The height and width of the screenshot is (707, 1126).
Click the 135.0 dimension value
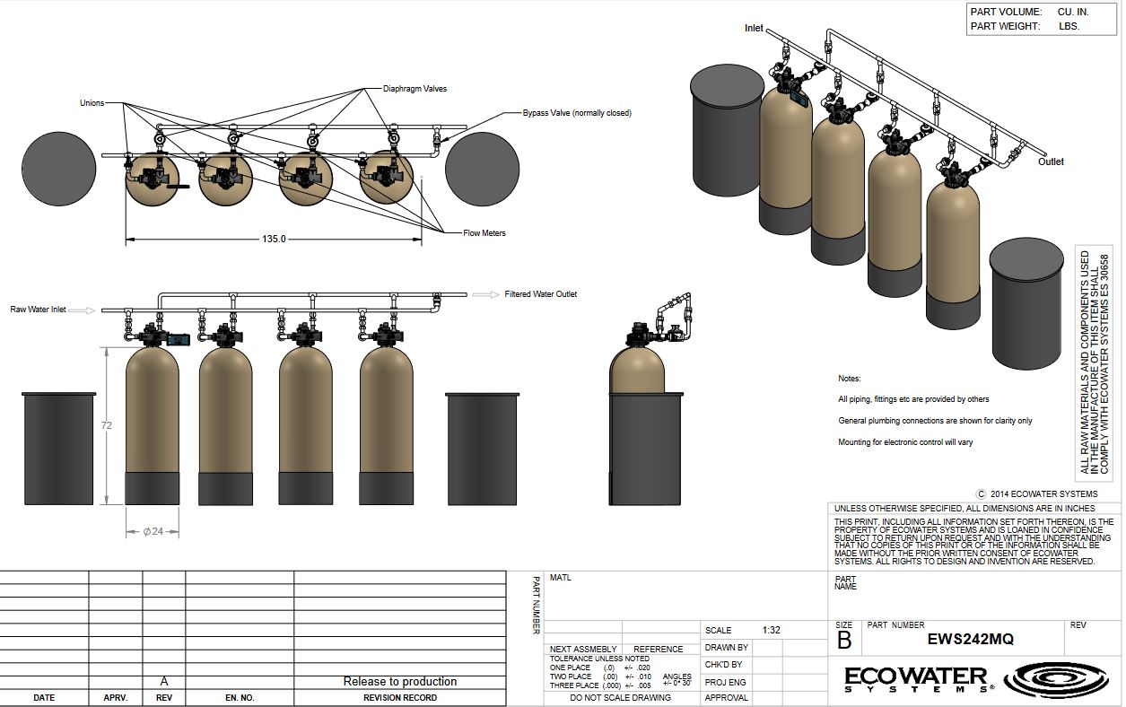274,239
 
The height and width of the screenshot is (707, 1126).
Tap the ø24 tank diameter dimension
153,531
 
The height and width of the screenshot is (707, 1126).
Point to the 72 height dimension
106,425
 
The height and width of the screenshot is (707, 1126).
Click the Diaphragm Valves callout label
415,89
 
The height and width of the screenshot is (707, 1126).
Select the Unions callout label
92,103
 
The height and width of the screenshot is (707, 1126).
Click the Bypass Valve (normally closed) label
577,113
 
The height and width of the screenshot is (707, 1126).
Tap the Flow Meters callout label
484,233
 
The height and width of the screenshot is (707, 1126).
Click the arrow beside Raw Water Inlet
82,310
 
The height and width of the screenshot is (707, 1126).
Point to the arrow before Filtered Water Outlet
485,294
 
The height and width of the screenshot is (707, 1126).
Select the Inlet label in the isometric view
754,28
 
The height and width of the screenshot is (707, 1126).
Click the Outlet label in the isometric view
1051,161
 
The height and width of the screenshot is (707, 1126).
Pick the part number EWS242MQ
970,639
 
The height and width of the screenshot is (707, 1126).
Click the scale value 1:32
771,630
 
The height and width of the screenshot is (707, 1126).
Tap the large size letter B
844,641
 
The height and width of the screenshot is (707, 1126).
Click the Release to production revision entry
400,681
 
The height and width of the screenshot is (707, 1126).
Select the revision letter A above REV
164,681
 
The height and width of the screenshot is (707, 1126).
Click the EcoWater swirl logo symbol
1056,680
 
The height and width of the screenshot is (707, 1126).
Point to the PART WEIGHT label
1005,26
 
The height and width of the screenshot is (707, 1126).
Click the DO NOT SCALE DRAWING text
620,698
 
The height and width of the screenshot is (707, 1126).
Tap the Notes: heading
849,379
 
